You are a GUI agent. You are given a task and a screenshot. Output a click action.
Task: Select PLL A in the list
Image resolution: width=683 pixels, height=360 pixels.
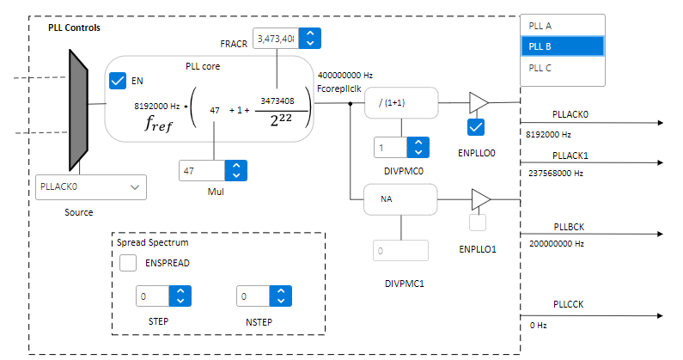[x=563, y=26]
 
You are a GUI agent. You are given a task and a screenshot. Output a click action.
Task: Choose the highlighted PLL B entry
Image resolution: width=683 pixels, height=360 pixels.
[x=563, y=46]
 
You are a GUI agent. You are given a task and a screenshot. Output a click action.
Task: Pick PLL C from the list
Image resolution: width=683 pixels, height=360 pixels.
[x=563, y=67]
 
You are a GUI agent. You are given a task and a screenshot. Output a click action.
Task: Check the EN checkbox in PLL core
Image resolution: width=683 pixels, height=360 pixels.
[x=119, y=81]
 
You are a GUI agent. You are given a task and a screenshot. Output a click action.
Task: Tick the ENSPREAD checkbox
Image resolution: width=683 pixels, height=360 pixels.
[x=128, y=263]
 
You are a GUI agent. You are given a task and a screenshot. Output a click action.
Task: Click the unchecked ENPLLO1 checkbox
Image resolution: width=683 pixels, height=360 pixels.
[x=479, y=223]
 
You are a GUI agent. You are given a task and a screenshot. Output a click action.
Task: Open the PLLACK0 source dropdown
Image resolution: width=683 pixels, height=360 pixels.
[x=91, y=186]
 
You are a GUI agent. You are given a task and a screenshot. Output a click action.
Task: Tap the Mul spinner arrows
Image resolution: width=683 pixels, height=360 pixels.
[x=235, y=171]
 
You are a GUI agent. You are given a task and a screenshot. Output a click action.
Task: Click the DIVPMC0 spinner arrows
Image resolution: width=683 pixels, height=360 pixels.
[x=417, y=148]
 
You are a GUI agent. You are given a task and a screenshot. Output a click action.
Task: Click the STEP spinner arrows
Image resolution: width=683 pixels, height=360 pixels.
[x=180, y=296]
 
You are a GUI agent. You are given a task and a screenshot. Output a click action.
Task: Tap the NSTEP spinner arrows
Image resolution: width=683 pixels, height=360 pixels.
[x=281, y=296]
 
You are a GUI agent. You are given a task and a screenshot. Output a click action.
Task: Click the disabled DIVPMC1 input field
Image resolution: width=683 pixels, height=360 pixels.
[x=400, y=251]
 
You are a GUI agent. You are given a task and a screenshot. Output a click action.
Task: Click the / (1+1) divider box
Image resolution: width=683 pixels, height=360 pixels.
[x=401, y=103]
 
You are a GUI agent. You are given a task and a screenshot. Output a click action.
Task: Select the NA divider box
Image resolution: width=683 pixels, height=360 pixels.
[x=401, y=198]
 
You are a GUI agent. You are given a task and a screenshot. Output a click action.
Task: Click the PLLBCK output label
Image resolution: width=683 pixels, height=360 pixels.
[x=569, y=227]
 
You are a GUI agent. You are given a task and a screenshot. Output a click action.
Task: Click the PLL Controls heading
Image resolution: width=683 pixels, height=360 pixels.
[x=74, y=27]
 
